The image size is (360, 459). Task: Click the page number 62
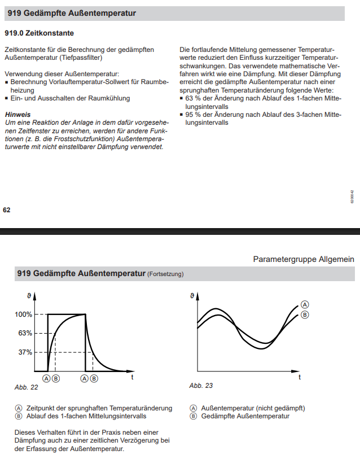click(7, 209)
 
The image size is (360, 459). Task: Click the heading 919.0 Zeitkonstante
click(39, 34)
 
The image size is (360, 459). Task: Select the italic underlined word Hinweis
click(17, 114)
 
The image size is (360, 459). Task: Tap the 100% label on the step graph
click(23, 314)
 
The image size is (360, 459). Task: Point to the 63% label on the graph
click(25, 333)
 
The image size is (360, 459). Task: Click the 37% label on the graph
click(25, 352)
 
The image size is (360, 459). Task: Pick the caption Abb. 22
click(26, 387)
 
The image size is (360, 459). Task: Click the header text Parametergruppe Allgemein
click(303, 259)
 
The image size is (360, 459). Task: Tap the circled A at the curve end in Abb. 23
click(305, 303)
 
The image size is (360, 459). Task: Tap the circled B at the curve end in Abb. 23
click(305, 315)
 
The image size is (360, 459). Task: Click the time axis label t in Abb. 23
click(300, 376)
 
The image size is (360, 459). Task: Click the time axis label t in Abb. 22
click(132, 377)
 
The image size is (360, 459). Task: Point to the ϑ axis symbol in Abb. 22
click(29, 295)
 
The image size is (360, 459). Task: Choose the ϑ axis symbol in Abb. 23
click(192, 295)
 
